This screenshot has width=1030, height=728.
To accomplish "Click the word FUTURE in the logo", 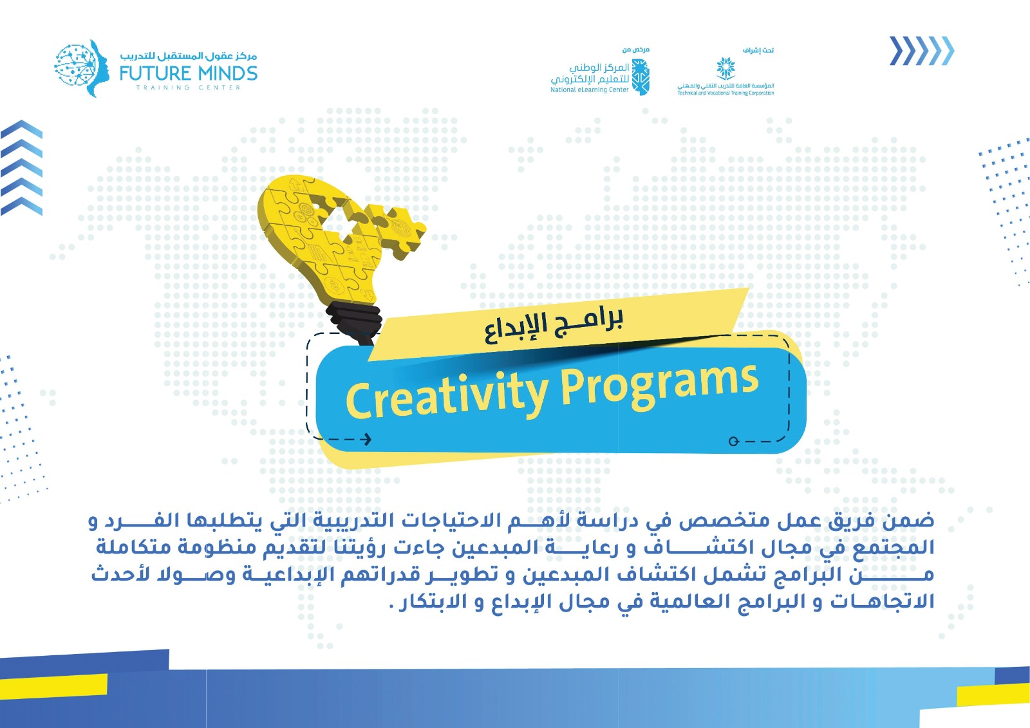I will [155, 73].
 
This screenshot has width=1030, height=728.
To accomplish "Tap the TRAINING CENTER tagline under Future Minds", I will [188, 88].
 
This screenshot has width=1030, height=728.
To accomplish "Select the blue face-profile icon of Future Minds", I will [80, 68].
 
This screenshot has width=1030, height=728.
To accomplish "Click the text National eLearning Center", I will [589, 90].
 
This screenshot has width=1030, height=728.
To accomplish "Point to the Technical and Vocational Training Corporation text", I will [726, 93].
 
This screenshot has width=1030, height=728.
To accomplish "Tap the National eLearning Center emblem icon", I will [641, 77].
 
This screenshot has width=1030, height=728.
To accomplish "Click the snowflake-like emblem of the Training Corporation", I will [726, 68].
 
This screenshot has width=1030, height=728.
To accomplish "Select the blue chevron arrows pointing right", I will [921, 51].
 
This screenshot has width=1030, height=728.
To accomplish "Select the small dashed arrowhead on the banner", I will [367, 440].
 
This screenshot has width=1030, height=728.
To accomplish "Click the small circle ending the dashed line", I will [733, 442].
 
